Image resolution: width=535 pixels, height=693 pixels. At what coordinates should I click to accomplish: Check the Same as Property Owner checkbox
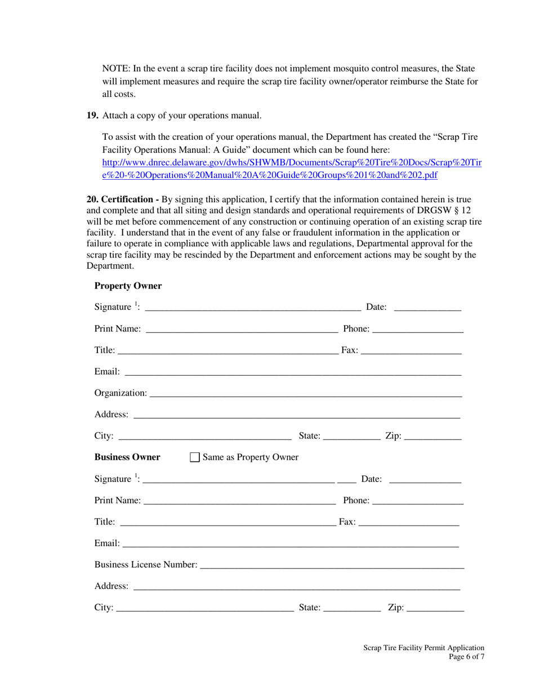pyautogui.click(x=195, y=457)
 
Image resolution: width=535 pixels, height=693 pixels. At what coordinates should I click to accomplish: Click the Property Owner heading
pyautogui.click(x=128, y=286)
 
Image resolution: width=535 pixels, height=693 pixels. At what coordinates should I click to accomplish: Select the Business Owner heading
pyautogui.click(x=127, y=457)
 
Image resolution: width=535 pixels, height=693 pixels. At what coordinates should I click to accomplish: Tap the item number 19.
pyautogui.click(x=92, y=115)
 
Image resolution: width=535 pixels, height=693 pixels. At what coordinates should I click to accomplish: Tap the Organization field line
pyautogui.click(x=305, y=392)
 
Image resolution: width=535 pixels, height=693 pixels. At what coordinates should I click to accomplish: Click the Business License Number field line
pyautogui.click(x=332, y=564)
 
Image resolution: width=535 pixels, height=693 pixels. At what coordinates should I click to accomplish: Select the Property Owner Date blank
pyautogui.click(x=427, y=306)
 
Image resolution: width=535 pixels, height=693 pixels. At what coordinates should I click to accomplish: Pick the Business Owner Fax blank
pyautogui.click(x=408, y=522)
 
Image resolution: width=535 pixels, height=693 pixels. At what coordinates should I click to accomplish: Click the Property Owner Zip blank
pyautogui.click(x=433, y=436)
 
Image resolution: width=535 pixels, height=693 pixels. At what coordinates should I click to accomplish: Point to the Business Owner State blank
pyautogui.click(x=352, y=607)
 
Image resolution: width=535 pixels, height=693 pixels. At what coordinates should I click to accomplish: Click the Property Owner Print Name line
pyautogui.click(x=242, y=328)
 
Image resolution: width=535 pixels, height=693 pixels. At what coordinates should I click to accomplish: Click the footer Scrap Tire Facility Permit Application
pyautogui.click(x=423, y=648)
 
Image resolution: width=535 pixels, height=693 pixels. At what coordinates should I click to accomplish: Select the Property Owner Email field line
pyautogui.click(x=293, y=371)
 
